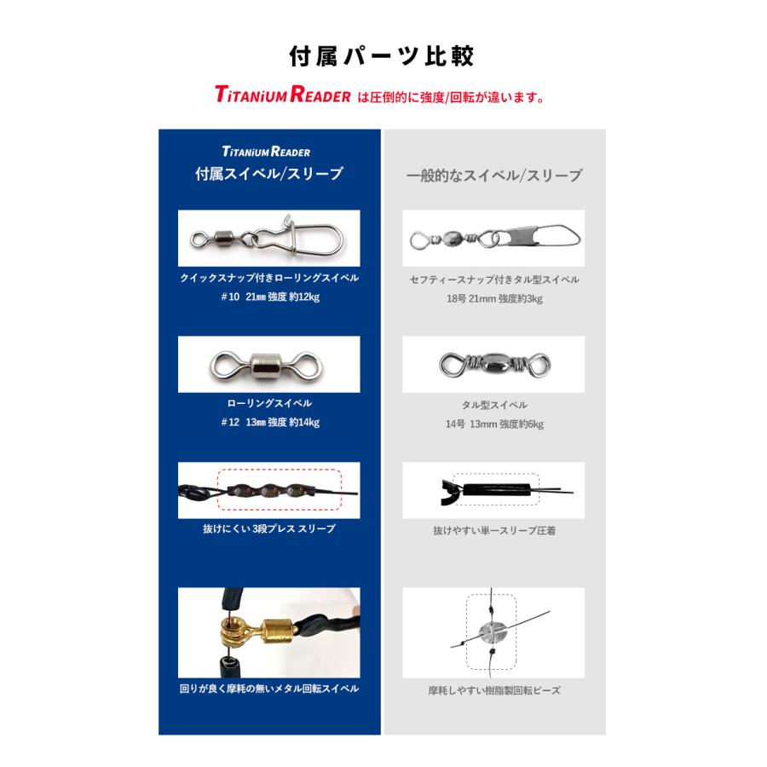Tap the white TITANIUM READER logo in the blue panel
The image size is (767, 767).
coord(266,152)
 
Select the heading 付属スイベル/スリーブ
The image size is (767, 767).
coord(269,175)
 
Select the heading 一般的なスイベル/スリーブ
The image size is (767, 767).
coord(494,176)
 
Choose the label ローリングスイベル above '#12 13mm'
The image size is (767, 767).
coord(269,404)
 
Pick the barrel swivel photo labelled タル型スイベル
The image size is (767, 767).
coord(493,364)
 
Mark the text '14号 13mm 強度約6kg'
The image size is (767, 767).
coord(494,424)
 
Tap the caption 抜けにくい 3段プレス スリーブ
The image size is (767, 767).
coord(269,529)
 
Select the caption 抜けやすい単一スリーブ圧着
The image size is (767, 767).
coord(494,530)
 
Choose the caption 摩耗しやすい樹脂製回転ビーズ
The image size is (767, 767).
coord(494,690)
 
